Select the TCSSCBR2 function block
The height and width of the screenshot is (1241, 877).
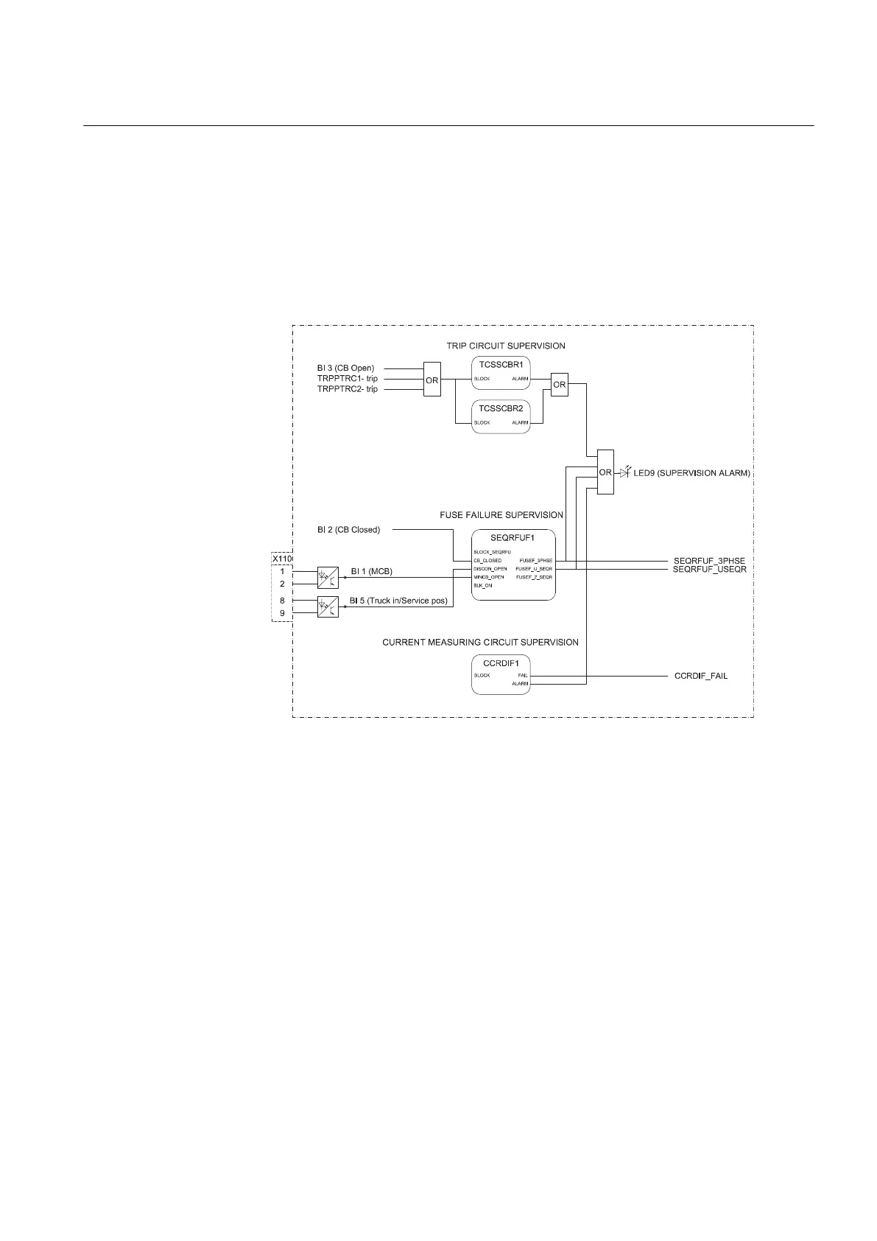coord(501,415)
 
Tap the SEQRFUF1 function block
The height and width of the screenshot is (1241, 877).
coord(513,565)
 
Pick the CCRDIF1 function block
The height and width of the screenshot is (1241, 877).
coord(501,674)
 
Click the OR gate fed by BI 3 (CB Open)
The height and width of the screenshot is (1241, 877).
coord(432,380)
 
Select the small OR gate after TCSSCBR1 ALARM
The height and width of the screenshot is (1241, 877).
coord(560,384)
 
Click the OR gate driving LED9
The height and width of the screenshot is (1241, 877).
coord(605,472)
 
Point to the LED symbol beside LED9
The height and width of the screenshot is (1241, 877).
coord(625,472)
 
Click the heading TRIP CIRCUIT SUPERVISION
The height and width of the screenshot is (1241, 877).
coord(505,346)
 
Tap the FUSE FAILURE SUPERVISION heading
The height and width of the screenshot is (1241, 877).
coord(501,515)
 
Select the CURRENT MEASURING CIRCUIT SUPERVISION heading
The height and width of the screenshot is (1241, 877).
coord(480,643)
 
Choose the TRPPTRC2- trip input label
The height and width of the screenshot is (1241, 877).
coord(348,389)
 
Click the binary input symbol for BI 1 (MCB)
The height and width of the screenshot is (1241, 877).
coord(328,577)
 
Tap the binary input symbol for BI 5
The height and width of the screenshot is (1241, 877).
coord(328,606)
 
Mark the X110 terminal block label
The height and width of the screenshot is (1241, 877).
coord(282,559)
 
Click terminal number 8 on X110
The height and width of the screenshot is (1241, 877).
coord(282,601)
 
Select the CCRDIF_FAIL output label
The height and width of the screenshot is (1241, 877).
coord(701,676)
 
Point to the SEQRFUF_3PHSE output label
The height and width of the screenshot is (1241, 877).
coord(709,561)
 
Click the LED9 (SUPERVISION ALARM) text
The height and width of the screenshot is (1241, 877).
coord(691,473)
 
